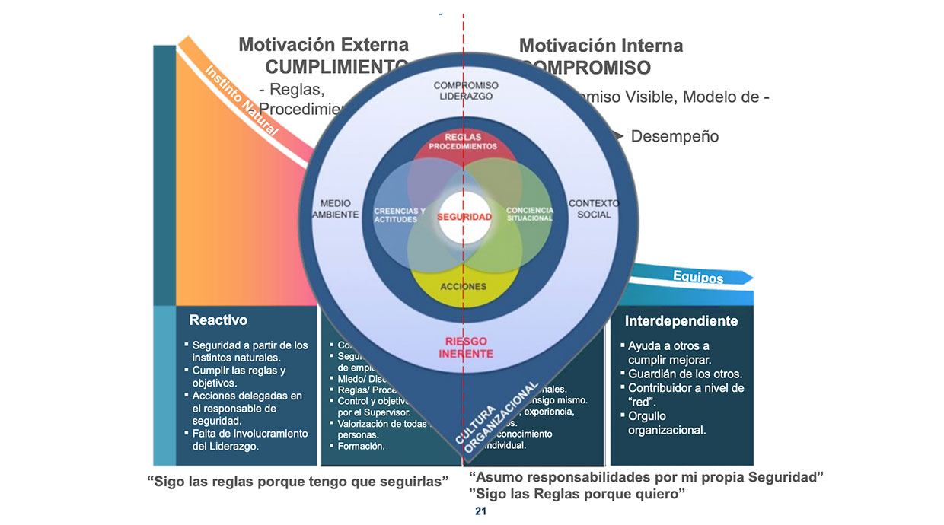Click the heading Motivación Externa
324,45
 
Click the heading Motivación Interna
601,46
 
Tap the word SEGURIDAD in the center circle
464,217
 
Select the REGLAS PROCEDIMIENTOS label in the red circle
463,142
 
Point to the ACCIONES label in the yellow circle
463,287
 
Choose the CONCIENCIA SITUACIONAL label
529,215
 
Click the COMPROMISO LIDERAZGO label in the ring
466,91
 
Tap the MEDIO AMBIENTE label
336,209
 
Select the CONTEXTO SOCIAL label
594,209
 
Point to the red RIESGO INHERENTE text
466,347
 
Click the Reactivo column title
218,320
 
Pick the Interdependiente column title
681,321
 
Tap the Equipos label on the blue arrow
698,278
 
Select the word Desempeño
675,137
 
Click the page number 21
480,512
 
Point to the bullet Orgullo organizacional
667,423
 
